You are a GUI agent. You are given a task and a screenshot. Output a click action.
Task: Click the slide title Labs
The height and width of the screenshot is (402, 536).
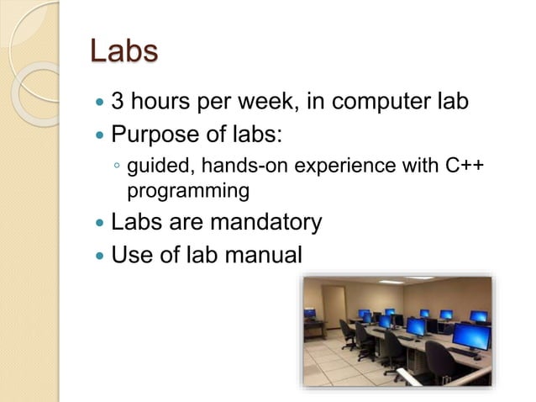tap(123, 50)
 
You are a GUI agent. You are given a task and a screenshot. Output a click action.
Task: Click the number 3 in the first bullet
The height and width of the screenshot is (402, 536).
tap(118, 103)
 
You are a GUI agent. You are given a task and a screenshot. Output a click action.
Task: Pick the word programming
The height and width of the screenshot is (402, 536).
tap(187, 191)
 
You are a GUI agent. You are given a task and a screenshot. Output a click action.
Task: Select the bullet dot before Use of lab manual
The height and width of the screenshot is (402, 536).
tap(101, 255)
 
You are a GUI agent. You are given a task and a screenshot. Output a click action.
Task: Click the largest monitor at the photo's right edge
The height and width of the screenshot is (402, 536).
tap(470, 336)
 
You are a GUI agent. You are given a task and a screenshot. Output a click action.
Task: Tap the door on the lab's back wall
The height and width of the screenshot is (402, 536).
tap(334, 304)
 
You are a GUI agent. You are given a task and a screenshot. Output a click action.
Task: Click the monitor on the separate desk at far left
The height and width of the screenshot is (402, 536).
tap(310, 314)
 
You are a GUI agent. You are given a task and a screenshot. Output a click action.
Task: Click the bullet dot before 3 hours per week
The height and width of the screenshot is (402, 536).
tap(101, 104)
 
